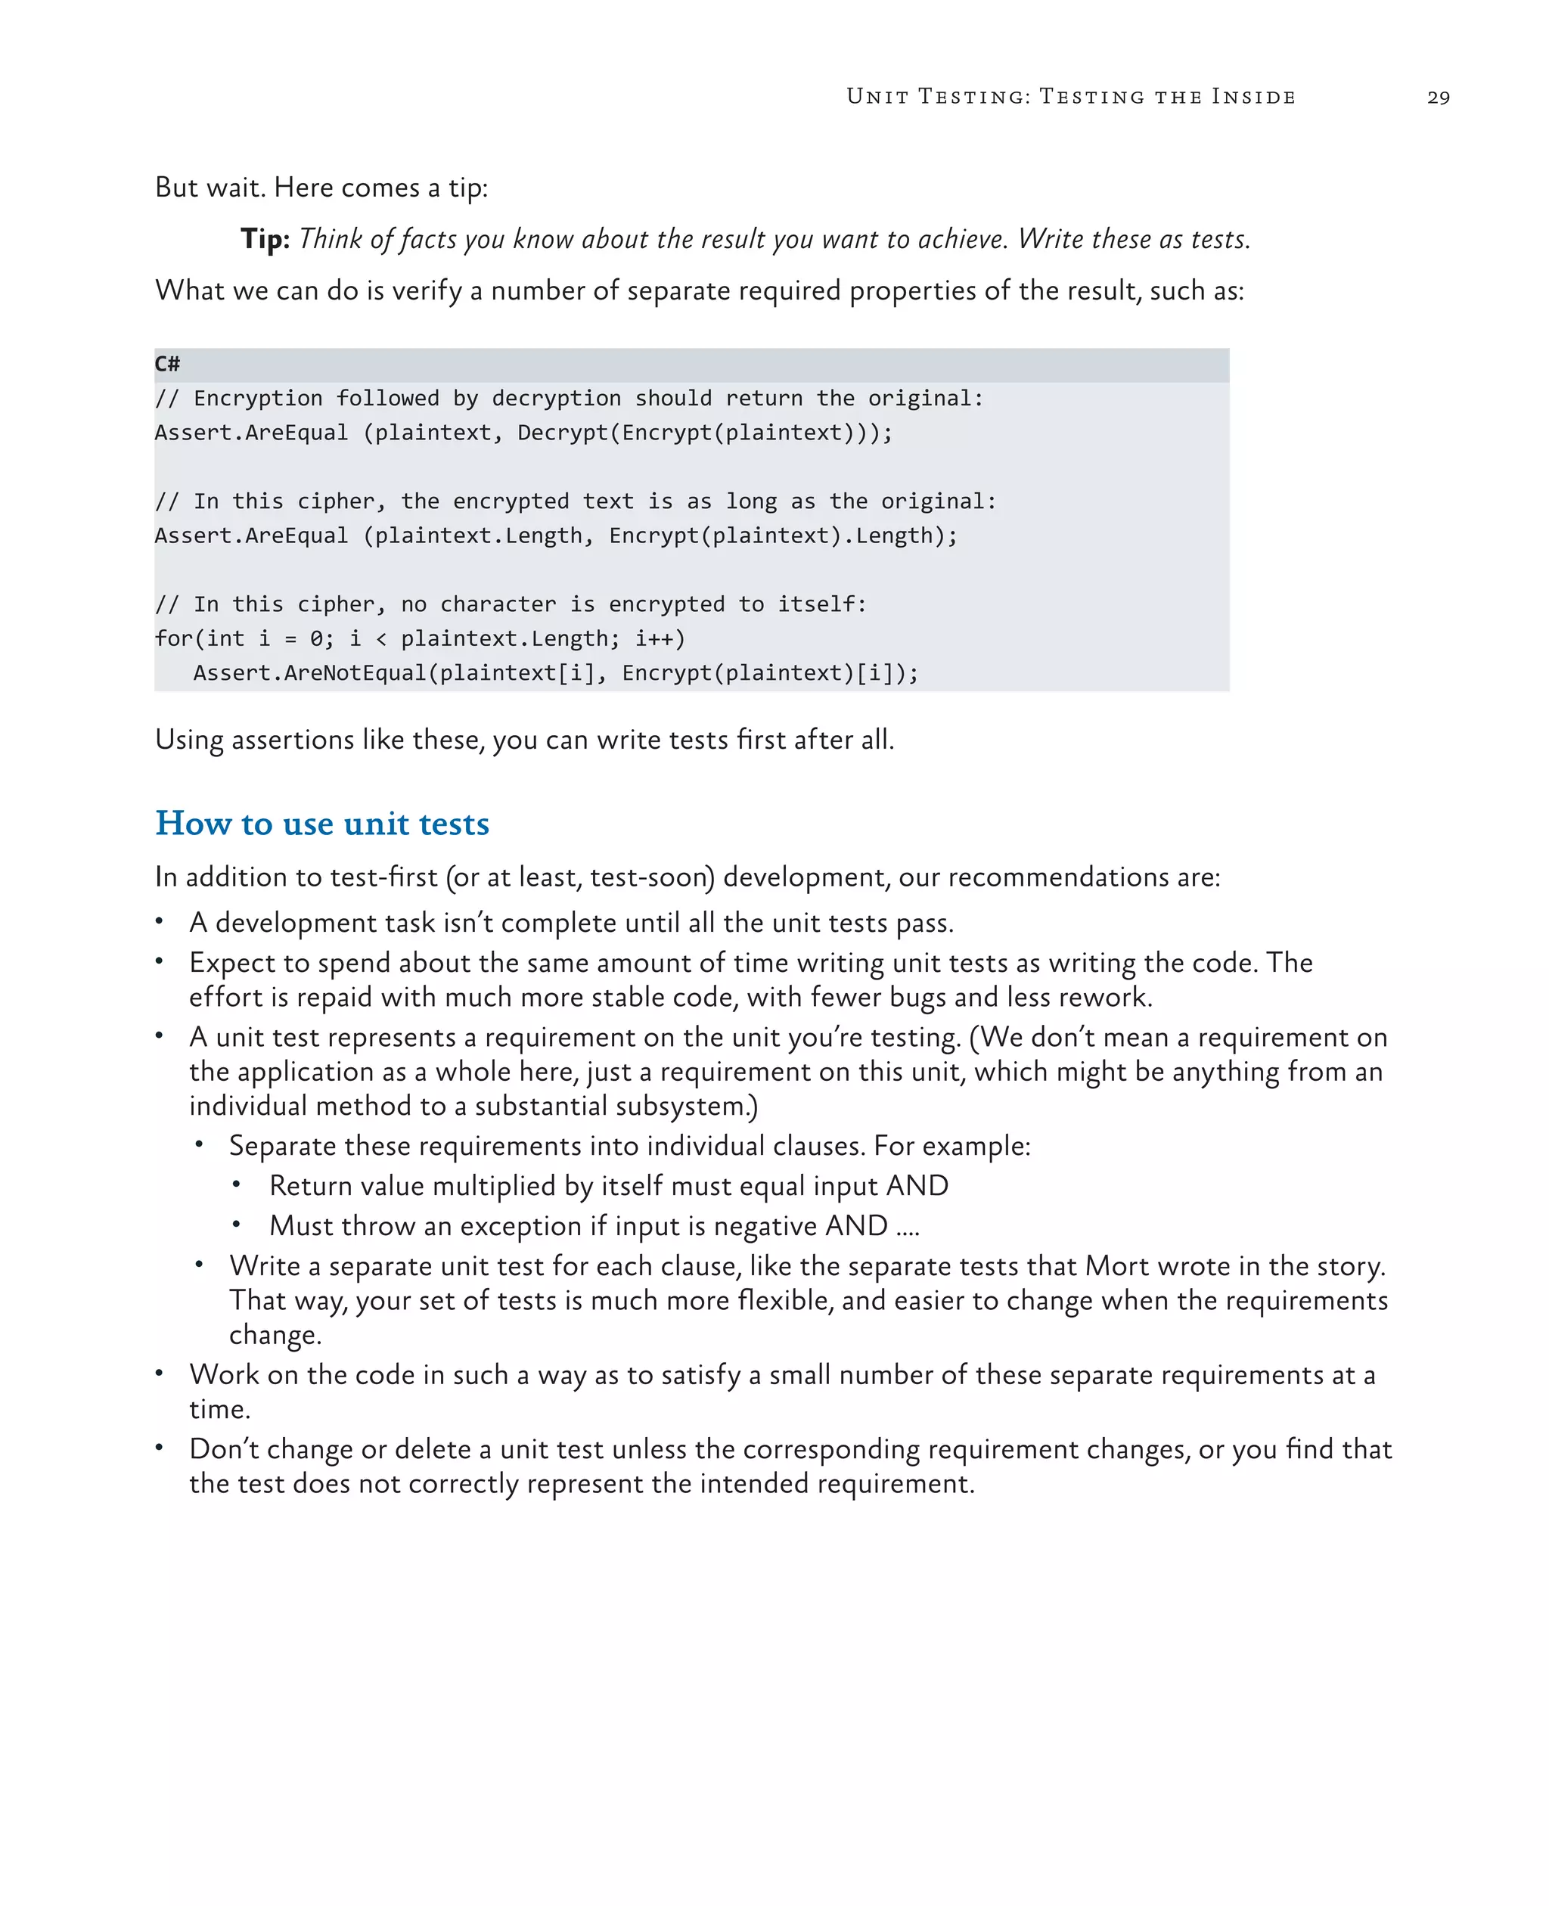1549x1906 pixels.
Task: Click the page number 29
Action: (1439, 98)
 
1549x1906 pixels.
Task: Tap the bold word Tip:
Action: (265, 239)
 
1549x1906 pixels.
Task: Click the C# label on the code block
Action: (167, 364)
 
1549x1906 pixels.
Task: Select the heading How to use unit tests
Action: (322, 823)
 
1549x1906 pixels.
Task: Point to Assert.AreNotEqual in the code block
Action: (309, 673)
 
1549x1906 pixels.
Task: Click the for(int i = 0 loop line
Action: (419, 639)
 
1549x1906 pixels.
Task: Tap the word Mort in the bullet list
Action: (1111, 1266)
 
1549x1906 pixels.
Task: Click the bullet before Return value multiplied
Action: (237, 1185)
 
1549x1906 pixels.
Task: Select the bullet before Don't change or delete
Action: (159, 1448)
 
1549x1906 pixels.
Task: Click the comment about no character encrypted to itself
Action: (511, 604)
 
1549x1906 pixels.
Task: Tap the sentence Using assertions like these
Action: (523, 740)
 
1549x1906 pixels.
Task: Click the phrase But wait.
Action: (210, 188)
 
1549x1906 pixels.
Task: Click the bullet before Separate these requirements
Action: (199, 1145)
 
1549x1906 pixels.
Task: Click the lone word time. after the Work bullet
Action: (219, 1410)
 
